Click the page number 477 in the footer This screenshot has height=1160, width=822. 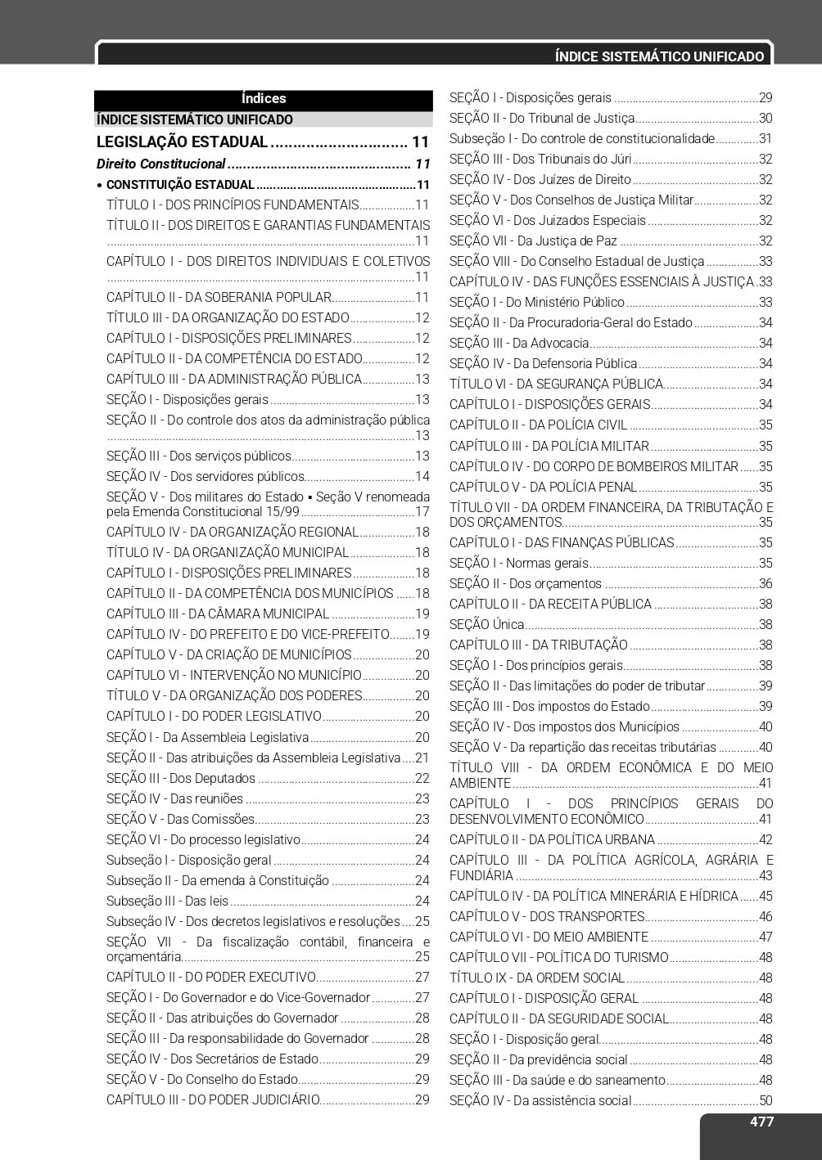(x=761, y=1122)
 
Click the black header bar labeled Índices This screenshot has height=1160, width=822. (x=264, y=99)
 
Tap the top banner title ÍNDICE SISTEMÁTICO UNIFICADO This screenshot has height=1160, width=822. (x=659, y=56)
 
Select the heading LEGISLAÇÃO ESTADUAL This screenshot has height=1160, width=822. (x=182, y=142)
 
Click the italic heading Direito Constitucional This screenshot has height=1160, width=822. (x=160, y=164)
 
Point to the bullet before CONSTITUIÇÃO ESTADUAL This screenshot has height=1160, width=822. (x=99, y=186)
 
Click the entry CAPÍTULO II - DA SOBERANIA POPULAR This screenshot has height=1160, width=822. (x=219, y=298)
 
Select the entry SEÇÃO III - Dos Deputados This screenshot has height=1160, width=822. (x=181, y=779)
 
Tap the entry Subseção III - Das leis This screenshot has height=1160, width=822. (x=168, y=901)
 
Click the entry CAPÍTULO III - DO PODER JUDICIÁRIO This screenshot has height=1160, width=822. (x=213, y=1100)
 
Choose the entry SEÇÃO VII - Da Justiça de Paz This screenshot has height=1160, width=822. (x=533, y=241)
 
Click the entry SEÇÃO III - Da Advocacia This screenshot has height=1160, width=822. (x=519, y=344)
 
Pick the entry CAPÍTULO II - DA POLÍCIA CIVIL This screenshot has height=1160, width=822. (x=538, y=425)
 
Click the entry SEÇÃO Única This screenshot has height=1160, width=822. (x=486, y=625)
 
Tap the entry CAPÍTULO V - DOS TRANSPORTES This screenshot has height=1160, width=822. (x=547, y=917)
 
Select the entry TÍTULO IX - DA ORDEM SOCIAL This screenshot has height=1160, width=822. (x=537, y=978)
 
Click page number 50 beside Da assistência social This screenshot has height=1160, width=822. (x=766, y=1101)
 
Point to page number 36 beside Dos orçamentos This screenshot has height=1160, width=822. (x=766, y=584)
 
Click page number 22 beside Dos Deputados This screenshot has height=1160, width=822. (x=422, y=779)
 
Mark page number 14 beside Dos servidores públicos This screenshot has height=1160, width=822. (x=422, y=477)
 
